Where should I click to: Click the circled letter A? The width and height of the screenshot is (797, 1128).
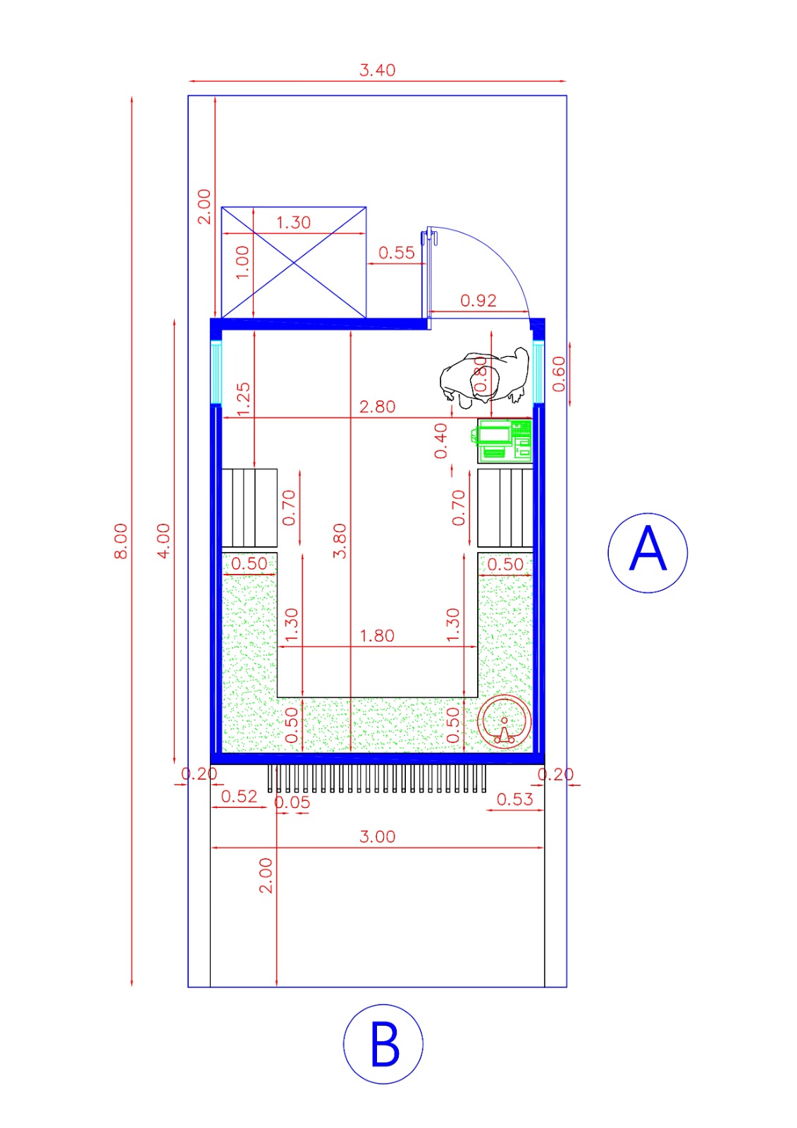tap(647, 552)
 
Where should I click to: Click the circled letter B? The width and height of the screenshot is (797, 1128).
tap(383, 1044)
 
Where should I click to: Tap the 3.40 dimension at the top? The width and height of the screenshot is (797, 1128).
tap(377, 70)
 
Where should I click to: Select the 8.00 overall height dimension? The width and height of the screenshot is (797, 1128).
tap(121, 541)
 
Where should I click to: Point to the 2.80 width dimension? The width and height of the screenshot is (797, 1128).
tap(377, 407)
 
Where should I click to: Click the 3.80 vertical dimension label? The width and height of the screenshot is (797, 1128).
tap(340, 541)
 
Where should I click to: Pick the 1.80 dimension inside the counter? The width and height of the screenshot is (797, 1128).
tap(377, 636)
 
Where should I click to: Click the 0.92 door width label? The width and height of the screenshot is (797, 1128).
tap(478, 301)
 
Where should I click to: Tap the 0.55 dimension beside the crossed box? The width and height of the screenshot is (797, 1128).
tap(396, 253)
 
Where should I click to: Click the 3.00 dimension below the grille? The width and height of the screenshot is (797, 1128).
tap(377, 837)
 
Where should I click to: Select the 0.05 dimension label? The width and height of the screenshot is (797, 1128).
tap(292, 802)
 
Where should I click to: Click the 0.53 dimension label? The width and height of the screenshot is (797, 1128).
tap(514, 799)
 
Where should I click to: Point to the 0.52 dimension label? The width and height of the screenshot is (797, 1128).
tap(239, 797)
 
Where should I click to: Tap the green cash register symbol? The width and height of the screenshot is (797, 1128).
tap(503, 441)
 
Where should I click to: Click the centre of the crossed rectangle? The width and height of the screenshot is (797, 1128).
tap(293, 262)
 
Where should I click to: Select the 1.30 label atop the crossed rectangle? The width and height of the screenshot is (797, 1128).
tap(293, 223)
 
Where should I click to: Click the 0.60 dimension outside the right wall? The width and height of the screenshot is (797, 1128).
tap(558, 374)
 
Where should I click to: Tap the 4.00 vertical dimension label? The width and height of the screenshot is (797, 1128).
tap(163, 541)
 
